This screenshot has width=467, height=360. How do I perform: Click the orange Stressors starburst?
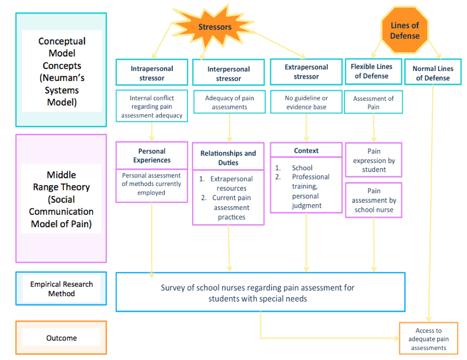(x=215, y=27)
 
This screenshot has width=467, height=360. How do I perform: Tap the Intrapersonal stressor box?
(x=151, y=73)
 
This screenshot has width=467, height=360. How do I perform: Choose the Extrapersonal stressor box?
(x=306, y=72)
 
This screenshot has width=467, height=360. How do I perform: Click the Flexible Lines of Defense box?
(x=371, y=71)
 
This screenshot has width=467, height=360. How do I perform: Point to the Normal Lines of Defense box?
(x=433, y=73)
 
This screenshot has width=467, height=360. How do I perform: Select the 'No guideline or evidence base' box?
(x=306, y=103)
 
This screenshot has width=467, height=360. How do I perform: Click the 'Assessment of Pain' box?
(x=373, y=103)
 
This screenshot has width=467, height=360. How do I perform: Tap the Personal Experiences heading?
(x=151, y=156)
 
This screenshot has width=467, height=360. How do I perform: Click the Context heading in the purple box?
(x=306, y=151)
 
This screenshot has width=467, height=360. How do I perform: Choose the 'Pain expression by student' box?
(x=374, y=160)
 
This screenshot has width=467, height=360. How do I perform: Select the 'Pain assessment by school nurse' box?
(x=374, y=200)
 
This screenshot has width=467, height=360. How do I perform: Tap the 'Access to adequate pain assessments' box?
(x=428, y=339)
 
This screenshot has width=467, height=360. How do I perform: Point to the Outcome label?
(x=61, y=338)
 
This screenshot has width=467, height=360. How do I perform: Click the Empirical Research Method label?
(x=61, y=289)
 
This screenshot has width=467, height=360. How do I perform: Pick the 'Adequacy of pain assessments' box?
(x=229, y=103)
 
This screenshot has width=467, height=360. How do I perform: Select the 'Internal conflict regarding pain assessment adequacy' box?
(x=151, y=106)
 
